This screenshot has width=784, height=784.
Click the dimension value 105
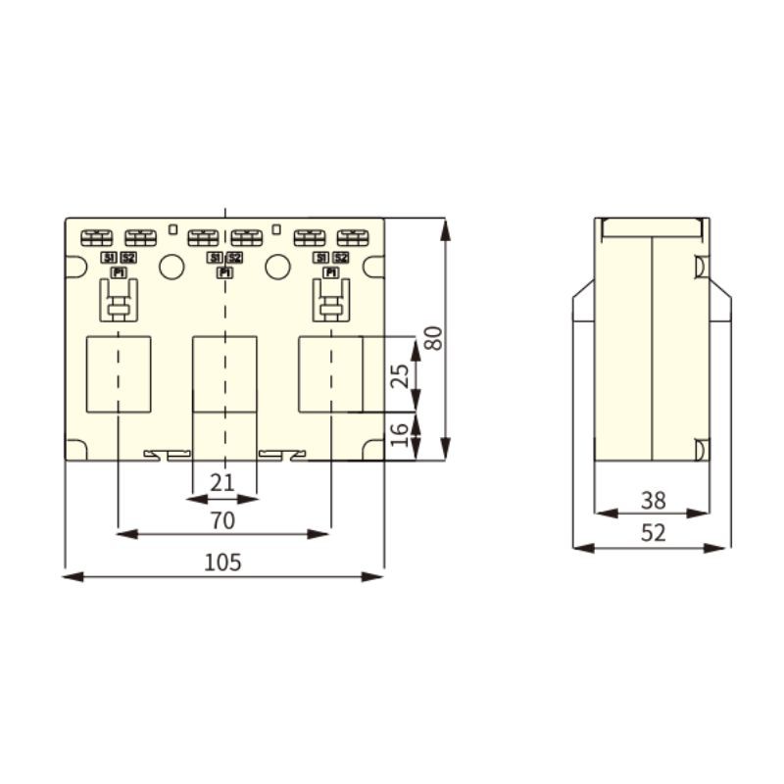(x=222, y=563)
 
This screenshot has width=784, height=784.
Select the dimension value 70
(x=222, y=520)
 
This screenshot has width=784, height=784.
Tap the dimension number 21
(x=222, y=481)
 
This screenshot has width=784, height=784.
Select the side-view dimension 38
(x=653, y=501)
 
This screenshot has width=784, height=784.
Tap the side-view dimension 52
(x=653, y=533)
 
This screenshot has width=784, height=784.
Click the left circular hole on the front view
(x=171, y=267)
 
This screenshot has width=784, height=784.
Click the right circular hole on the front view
(x=277, y=267)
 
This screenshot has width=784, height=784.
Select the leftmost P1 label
(x=119, y=272)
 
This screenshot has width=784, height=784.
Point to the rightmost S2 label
(x=341, y=258)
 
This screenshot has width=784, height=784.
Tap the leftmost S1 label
(x=109, y=258)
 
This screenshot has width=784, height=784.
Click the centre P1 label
(x=224, y=272)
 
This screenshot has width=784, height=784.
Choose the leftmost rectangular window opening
(x=119, y=373)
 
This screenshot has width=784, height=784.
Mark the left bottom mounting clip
(x=168, y=454)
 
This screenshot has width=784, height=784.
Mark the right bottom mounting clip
(x=282, y=454)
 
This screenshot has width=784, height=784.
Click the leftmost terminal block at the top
(x=97, y=237)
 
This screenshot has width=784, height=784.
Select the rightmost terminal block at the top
(x=352, y=237)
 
